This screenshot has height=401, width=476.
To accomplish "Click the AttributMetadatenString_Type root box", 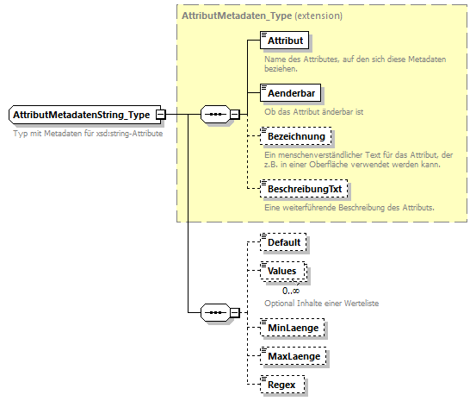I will (82, 115).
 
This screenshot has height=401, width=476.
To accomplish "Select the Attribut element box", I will (284, 41).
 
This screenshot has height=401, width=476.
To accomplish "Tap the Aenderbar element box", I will (288, 91).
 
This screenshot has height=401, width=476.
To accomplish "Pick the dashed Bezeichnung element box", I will (295, 137).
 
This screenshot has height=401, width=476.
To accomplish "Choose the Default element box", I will (283, 242).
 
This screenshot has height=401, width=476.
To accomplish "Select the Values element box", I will (282, 271).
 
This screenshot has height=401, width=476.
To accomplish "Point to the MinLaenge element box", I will (294, 328).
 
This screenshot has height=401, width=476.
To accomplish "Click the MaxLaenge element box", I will (294, 355).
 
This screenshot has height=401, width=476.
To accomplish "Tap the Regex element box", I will (281, 383).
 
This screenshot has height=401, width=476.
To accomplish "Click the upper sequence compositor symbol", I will (213, 115).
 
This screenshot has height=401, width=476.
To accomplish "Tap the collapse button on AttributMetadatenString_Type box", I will (161, 115).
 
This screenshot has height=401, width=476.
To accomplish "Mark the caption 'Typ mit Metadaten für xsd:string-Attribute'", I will (88, 133).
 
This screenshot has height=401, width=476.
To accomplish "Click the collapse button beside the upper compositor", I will (235, 115).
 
